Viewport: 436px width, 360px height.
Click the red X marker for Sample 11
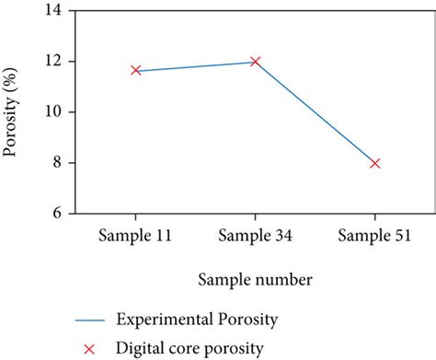click(135, 70)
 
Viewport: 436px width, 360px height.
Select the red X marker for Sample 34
click(255, 62)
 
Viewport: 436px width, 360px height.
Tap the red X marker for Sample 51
click(374, 163)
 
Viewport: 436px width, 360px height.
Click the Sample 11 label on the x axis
click(135, 235)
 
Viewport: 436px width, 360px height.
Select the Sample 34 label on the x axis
click(255, 235)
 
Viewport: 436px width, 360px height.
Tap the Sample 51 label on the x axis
click(374, 235)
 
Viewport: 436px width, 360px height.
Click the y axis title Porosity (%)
click(13, 111)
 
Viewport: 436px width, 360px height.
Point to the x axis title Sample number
click(253, 277)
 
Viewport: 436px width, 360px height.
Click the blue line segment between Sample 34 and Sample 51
click(315, 112)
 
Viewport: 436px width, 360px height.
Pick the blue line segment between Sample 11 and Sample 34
click(195, 66)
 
